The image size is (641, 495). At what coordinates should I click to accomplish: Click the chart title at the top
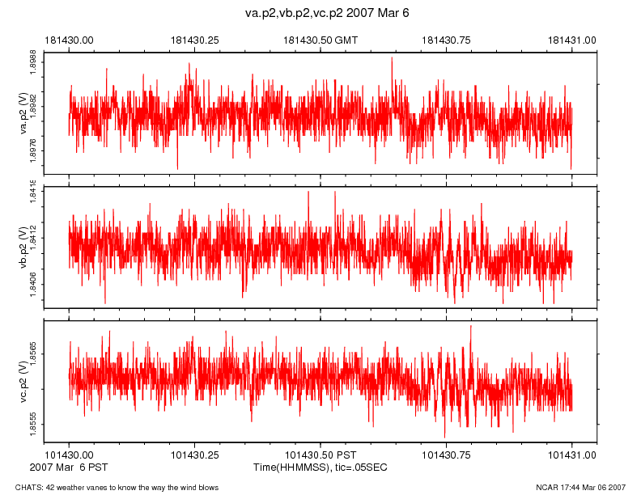[x=328, y=14]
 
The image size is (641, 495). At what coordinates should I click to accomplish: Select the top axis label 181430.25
[x=195, y=39]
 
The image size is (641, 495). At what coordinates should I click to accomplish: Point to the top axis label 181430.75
[x=447, y=39]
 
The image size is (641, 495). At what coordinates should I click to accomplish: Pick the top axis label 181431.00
[x=572, y=39]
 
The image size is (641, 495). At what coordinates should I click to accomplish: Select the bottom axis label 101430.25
[x=195, y=455]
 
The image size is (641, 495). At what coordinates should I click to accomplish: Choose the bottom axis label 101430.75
[x=447, y=455]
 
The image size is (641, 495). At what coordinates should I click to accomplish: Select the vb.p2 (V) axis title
[x=24, y=247]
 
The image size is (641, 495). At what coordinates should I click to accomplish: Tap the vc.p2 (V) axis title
[x=24, y=381]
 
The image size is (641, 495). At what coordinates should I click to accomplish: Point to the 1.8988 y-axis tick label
[x=33, y=63]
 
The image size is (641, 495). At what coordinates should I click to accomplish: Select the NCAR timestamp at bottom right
[x=581, y=487]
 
